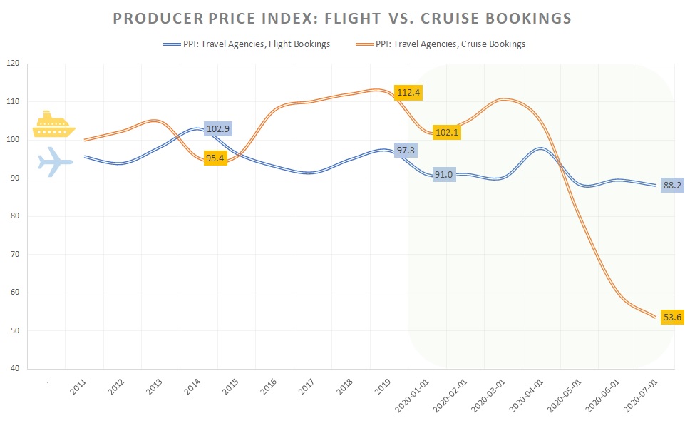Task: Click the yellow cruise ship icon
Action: (x=54, y=123)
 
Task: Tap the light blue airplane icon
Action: (x=54, y=162)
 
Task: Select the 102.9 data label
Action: (x=219, y=129)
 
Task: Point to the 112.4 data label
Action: (x=408, y=92)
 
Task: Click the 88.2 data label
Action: (x=671, y=186)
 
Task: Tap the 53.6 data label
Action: (x=671, y=317)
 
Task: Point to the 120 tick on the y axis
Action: (x=12, y=63)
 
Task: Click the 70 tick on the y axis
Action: (x=14, y=254)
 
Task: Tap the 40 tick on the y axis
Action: (x=14, y=369)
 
